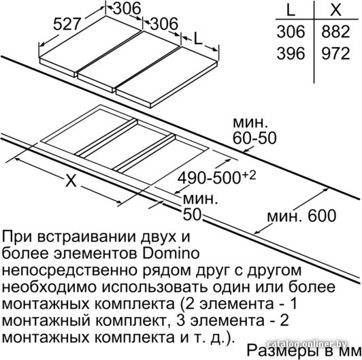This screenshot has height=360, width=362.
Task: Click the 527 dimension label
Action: coord(67,24)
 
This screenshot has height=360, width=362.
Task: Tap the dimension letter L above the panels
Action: coord(198,38)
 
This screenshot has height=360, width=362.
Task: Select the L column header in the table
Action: coord(291,10)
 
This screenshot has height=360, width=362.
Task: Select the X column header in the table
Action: coord(335,10)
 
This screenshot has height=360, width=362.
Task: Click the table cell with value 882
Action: coord(335,31)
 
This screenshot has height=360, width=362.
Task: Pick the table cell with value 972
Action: coord(335,53)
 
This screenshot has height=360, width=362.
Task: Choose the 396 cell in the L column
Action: coord(291,53)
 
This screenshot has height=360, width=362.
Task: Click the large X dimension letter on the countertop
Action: coord(71,180)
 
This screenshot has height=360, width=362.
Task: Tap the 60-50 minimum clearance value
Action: coord(254,138)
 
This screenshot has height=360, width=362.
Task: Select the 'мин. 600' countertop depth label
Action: coord(301,216)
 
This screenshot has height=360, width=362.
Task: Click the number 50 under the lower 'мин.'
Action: coord(192,215)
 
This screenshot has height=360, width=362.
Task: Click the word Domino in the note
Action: coord(171,253)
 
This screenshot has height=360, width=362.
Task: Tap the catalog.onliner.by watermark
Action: coord(307,344)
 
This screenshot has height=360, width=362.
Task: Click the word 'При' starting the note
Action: coord(16,236)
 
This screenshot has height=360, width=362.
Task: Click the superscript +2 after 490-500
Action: coord(249,176)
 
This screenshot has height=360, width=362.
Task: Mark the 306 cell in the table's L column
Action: coord(291,31)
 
